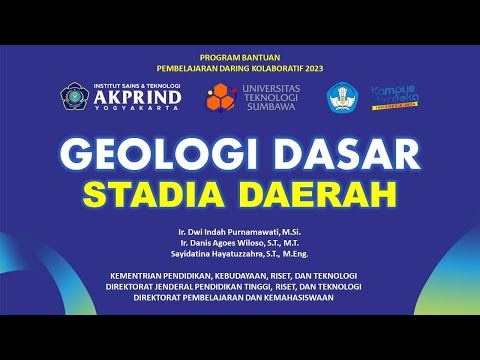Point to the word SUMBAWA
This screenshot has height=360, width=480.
click(x=272, y=109)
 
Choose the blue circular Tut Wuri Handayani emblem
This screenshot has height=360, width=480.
click(x=342, y=98)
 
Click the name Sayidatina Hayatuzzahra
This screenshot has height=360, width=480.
click(x=225, y=255)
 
